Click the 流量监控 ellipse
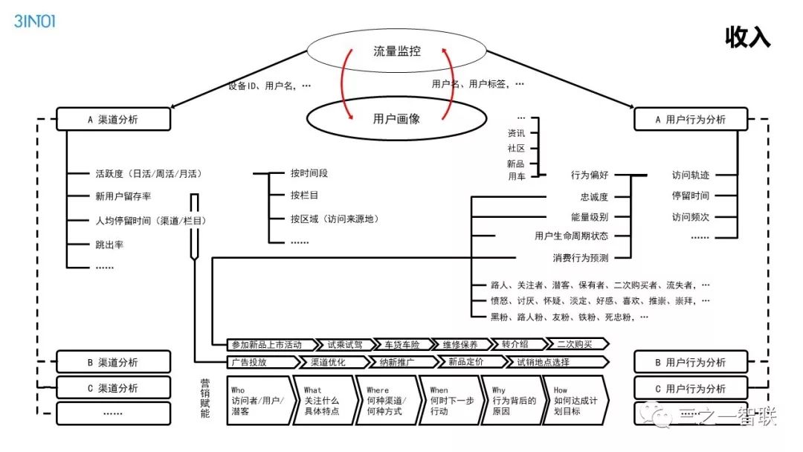pyautogui.click(x=396, y=51)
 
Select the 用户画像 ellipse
pyautogui.click(x=396, y=118)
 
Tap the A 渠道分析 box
pyautogui.click(x=113, y=119)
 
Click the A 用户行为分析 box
pyautogui.click(x=690, y=119)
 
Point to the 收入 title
pyautogui.click(x=748, y=38)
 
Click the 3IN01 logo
pyautogui.click(x=35, y=21)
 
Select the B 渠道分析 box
pyautogui.click(x=113, y=362)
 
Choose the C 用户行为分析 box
pyautogui.click(x=690, y=388)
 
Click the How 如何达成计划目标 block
pyautogui.click(x=574, y=401)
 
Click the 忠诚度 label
pyautogui.click(x=594, y=197)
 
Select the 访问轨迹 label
pyautogui.click(x=691, y=175)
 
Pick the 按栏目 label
pyautogui.click(x=305, y=196)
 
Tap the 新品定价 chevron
pyautogui.click(x=466, y=363)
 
